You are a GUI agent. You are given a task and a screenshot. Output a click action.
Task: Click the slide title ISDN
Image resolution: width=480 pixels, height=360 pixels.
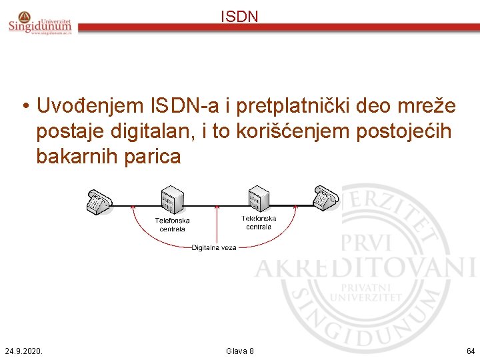pos(239,17)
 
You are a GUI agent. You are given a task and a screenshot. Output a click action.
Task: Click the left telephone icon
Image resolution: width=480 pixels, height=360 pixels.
pos(99,202)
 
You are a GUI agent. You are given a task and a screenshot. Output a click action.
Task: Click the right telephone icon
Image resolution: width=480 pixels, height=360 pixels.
pos(325,197)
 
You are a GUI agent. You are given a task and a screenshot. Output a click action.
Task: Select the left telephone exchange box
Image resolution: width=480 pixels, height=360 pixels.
pos(172,200)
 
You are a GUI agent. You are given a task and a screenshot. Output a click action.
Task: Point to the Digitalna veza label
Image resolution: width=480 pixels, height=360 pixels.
pos(214,247)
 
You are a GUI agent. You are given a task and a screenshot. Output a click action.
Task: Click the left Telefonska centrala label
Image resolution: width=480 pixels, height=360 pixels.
pos(172,225)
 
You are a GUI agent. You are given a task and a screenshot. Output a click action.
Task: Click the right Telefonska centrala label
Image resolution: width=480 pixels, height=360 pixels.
pos(259,222)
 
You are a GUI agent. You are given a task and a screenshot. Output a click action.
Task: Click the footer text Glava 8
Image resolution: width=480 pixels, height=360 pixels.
pos(239,351)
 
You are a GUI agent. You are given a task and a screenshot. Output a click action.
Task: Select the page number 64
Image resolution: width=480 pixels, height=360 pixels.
pos(471,351)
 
